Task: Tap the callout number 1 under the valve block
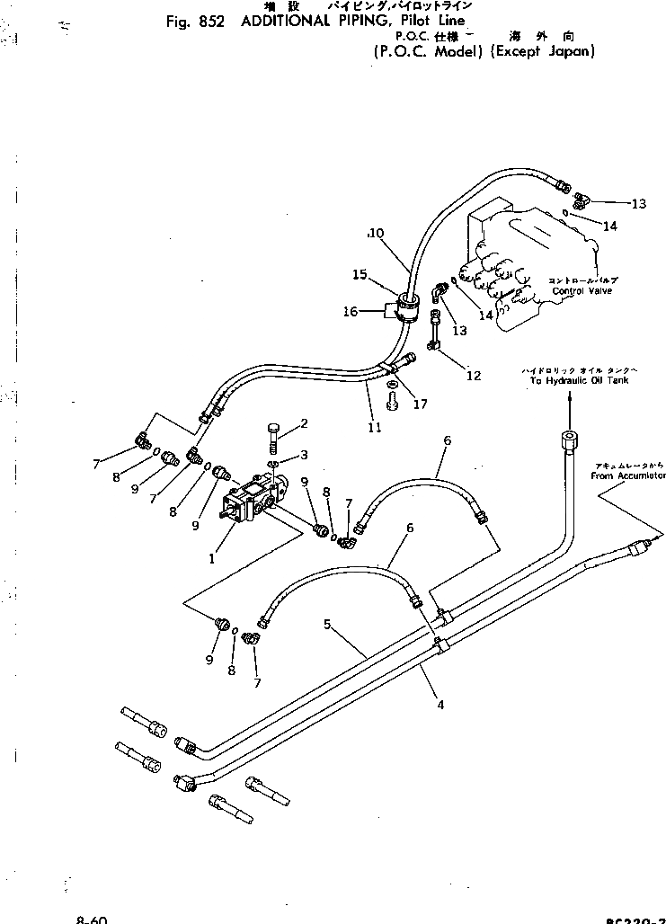coord(212,558)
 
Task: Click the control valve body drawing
coord(530,261)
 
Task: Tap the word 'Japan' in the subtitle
coord(571,51)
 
